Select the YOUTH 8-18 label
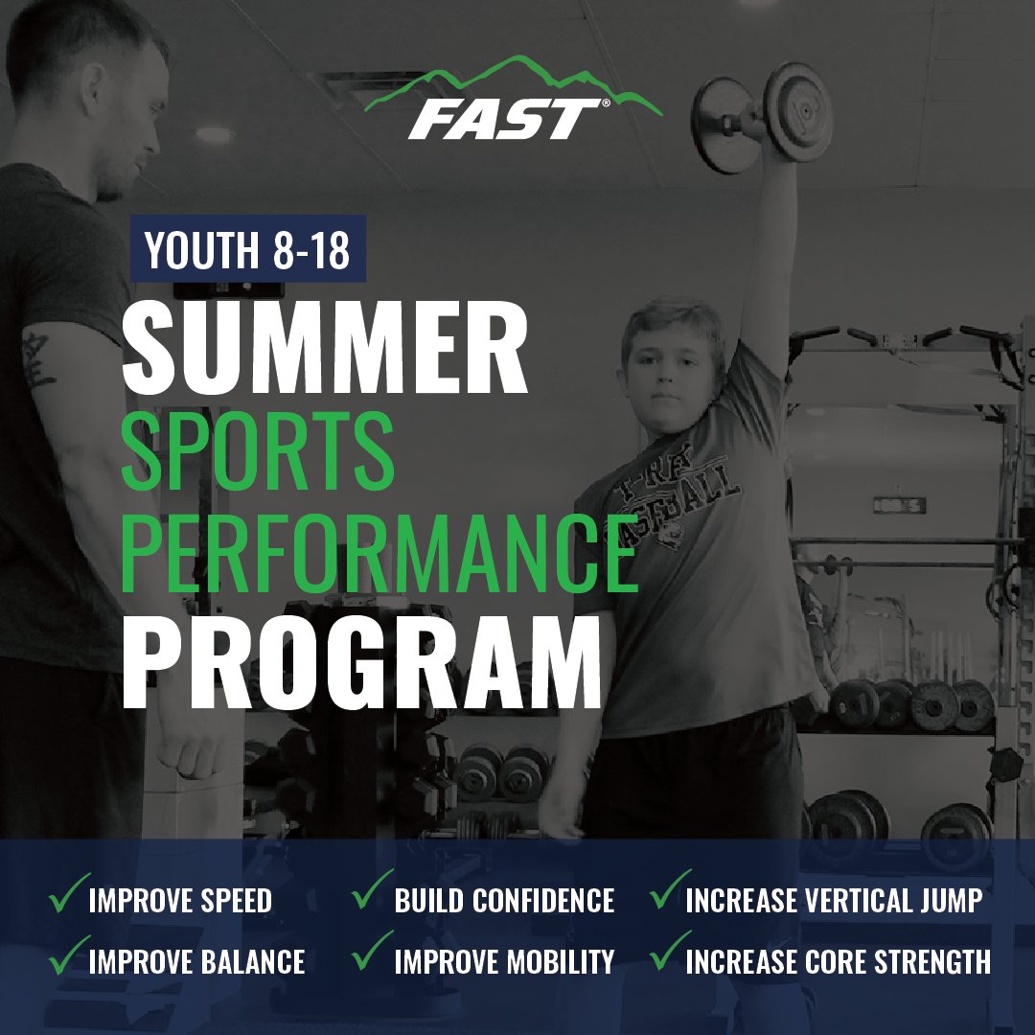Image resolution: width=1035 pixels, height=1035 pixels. coord(247,249)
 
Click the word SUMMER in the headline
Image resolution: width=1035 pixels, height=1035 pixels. coord(325,348)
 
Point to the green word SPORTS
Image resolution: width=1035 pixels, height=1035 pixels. coord(258,451)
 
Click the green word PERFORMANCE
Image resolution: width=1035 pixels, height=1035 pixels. coord(379,554)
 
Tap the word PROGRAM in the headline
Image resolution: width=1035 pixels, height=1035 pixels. coord(361,661)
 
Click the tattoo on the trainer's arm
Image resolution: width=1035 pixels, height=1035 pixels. coord(37,359)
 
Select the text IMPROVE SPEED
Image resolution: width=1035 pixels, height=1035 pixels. coord(180,901)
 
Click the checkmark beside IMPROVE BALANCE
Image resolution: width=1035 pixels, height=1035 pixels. coord(69,954)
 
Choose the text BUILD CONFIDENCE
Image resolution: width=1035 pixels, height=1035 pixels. coord(504,901)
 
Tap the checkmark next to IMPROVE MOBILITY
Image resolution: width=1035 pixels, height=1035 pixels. coord(372,952)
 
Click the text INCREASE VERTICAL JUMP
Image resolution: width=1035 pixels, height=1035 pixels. coord(835,901)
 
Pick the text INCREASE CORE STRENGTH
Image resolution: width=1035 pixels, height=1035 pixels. coord(839,962)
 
